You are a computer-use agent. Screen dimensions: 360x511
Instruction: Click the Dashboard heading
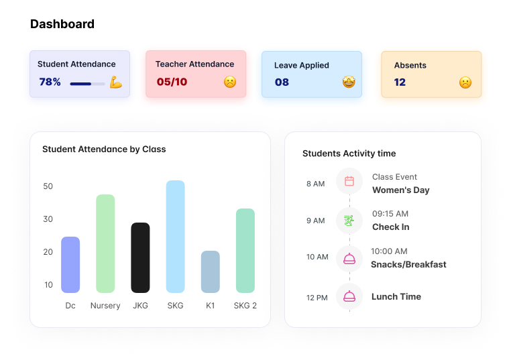[62, 24]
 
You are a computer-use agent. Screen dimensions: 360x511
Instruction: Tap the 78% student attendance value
[50, 82]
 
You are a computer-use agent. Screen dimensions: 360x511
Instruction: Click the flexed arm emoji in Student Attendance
[116, 82]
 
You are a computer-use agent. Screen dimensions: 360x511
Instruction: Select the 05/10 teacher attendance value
[172, 82]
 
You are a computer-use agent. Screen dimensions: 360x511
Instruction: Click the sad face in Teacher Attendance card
[230, 82]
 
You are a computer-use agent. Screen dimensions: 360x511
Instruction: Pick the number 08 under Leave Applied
[282, 82]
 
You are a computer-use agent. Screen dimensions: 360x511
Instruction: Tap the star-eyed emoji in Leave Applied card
[349, 82]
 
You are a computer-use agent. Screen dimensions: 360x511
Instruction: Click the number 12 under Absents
[400, 82]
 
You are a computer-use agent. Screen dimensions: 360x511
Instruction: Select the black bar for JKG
[140, 257]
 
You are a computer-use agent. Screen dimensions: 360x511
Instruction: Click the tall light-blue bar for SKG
[175, 236]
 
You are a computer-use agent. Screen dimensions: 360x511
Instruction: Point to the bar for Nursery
[105, 243]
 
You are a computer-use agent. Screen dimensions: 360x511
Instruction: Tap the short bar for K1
[210, 272]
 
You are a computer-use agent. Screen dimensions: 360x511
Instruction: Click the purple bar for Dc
[70, 264]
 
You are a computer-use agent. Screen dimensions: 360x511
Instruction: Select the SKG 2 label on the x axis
[245, 306]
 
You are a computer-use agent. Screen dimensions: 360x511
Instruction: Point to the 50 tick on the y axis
[48, 186]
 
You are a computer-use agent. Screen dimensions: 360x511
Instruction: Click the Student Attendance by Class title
[104, 149]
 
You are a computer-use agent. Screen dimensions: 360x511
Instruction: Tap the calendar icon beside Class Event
[349, 181]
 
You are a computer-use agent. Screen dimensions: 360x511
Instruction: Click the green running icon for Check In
[349, 220]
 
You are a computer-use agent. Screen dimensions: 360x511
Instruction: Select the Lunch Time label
[396, 296]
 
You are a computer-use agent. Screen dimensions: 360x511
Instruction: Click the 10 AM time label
[317, 257]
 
